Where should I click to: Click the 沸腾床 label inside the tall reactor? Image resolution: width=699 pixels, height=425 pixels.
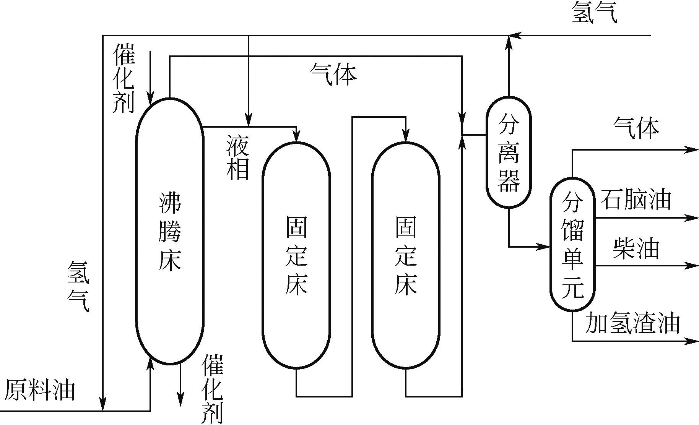pos(169,232)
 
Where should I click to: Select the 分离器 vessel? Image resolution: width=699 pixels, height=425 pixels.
pos(509,152)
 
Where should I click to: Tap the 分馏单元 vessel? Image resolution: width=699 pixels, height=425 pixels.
pos(572,245)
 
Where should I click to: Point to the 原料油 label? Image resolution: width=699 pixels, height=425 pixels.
pos(39,390)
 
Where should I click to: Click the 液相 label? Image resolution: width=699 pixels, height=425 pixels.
pos(237,157)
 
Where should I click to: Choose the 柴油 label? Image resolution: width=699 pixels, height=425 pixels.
pos(636,248)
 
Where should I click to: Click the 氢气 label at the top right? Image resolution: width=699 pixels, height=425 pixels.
pos(594,13)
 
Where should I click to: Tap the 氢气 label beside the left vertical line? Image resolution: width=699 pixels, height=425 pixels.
pos(78,286)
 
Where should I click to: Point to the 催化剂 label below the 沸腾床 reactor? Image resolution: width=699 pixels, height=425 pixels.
pos(212,389)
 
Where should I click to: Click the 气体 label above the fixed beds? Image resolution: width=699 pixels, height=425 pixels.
pos(333,74)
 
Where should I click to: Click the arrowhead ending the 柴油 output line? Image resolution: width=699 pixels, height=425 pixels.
pos(692,265)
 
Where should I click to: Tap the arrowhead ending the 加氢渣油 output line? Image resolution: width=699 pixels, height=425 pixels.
pos(692,341)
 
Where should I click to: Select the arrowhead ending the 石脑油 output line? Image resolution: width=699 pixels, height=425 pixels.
pos(692,218)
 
